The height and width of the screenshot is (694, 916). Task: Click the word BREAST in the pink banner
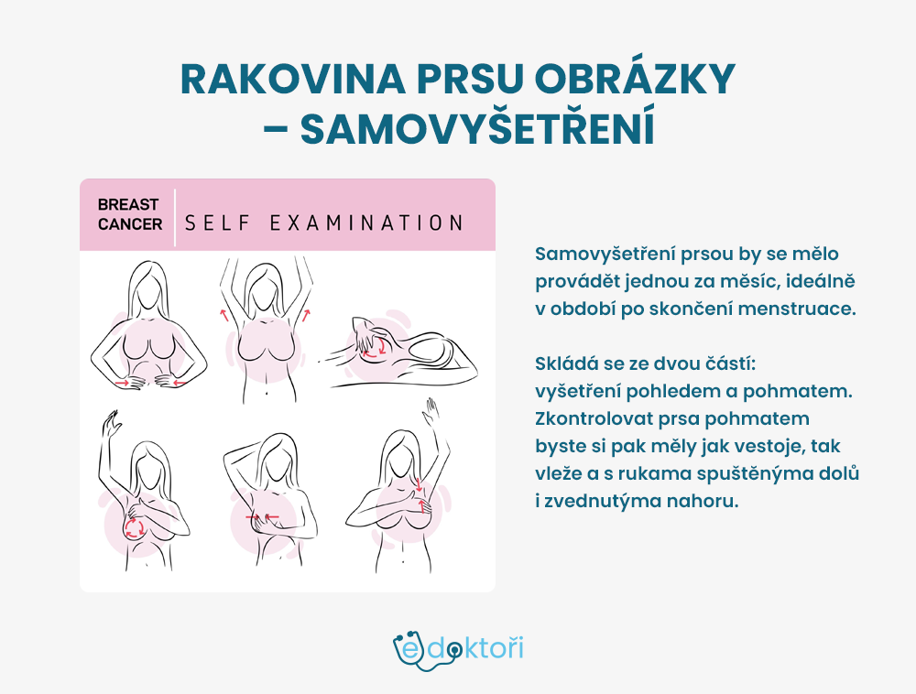tap(128, 205)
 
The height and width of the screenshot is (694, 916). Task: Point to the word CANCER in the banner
tap(130, 224)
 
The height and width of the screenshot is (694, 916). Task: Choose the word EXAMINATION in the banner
tap(366, 223)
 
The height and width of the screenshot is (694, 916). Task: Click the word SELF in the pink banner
tap(217, 223)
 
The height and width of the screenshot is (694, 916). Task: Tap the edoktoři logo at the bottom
tap(458, 650)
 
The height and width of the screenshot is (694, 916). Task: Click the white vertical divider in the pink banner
tap(175, 218)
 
